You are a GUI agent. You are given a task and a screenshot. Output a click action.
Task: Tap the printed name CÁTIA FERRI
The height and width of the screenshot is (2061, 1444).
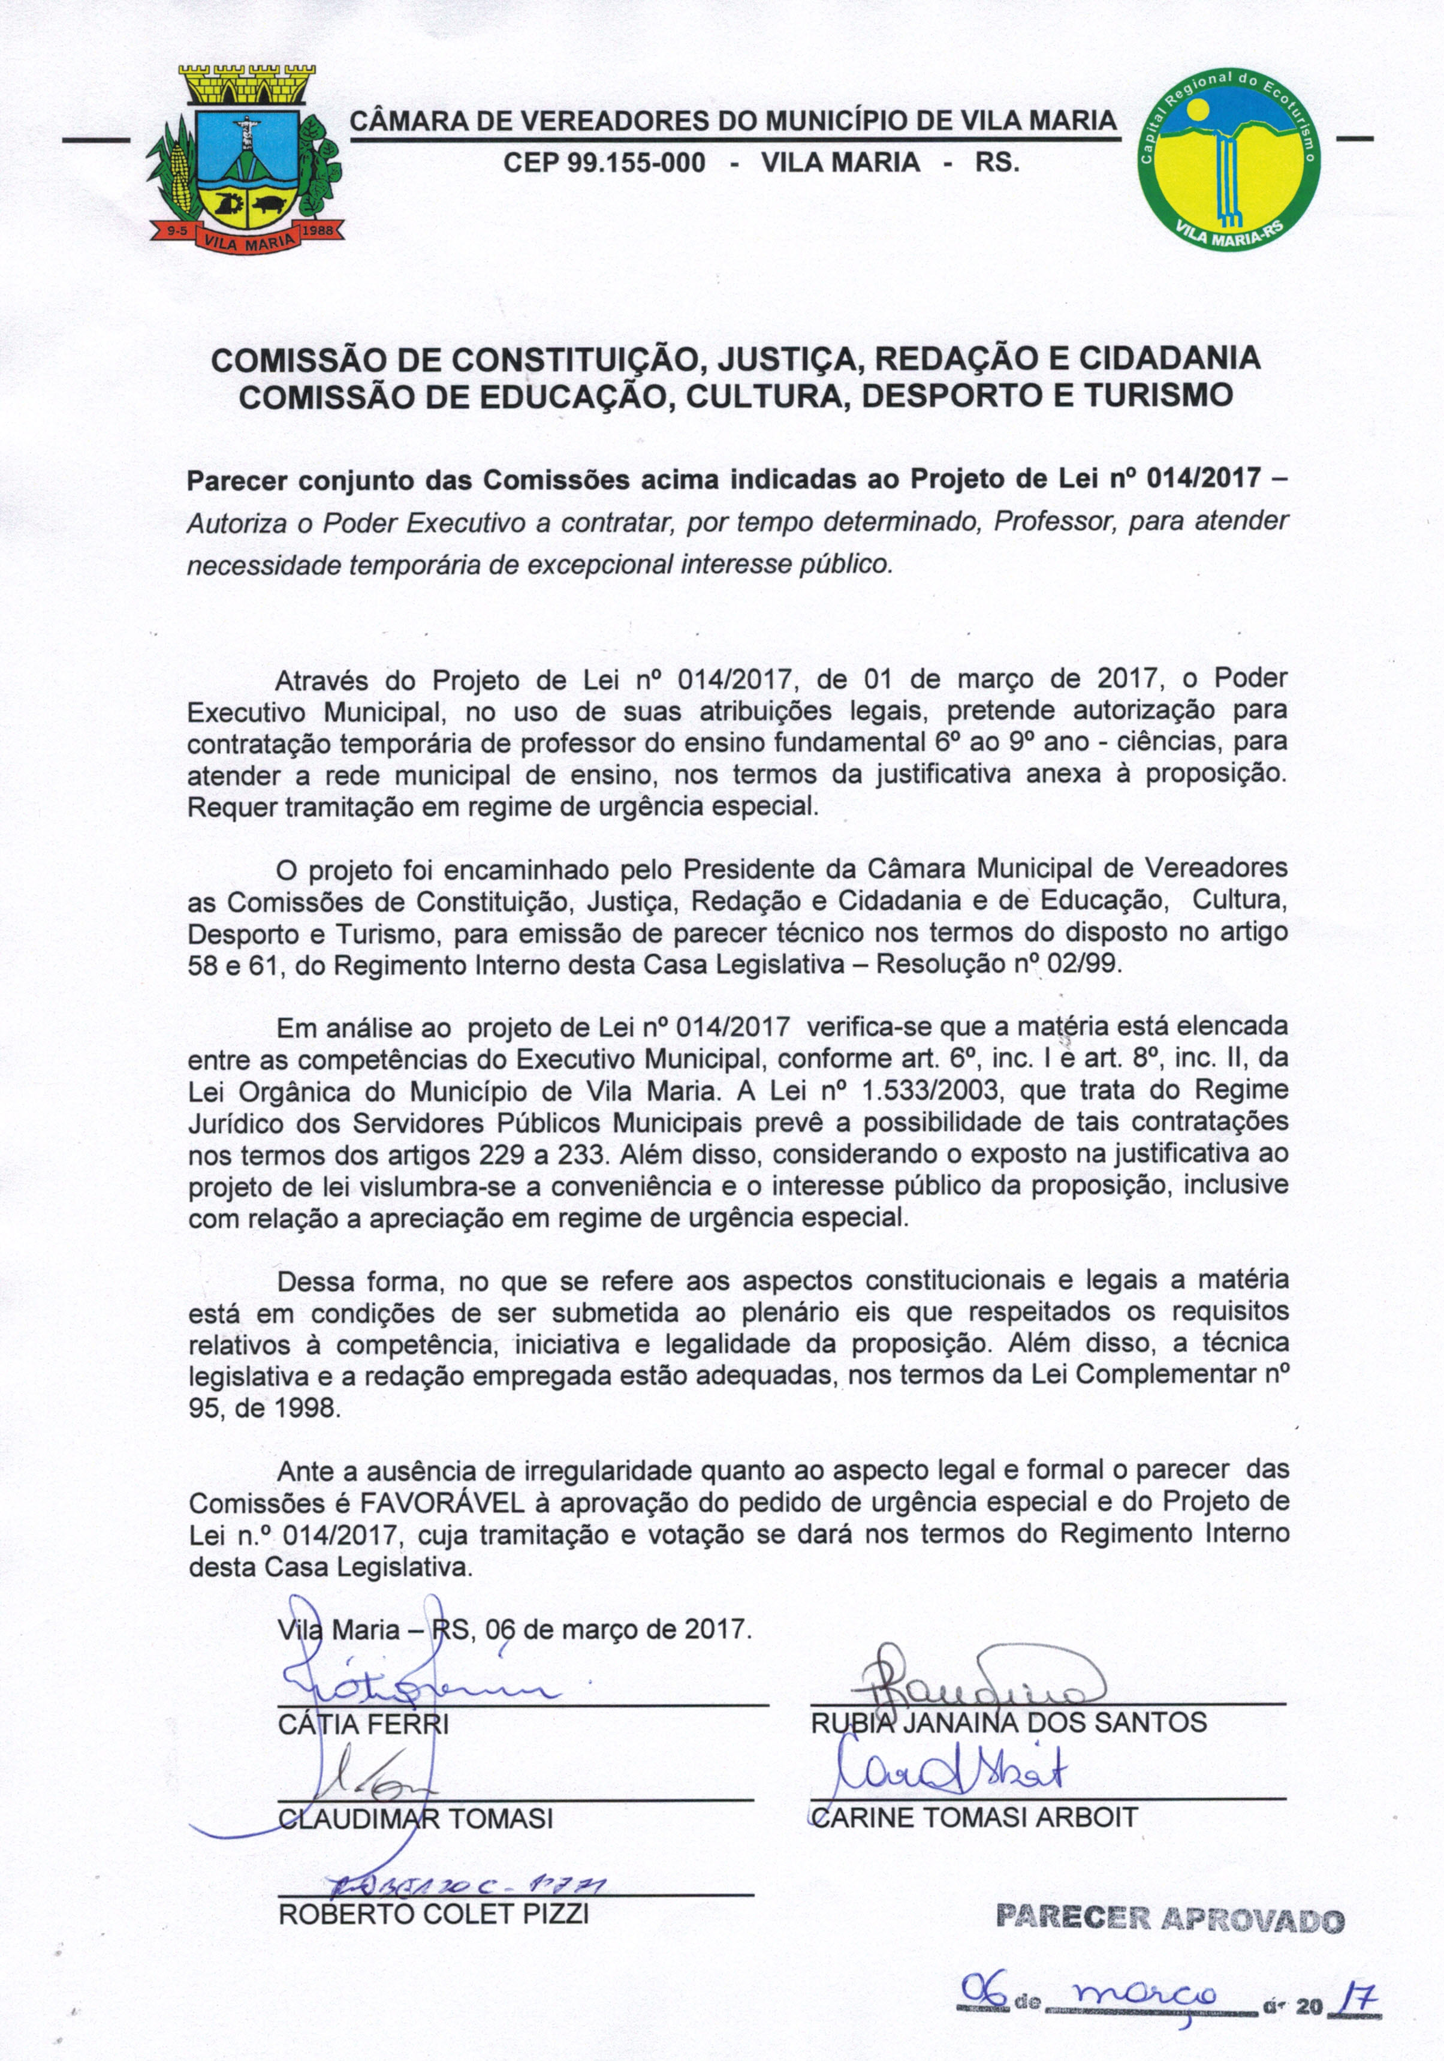point(363,1725)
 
